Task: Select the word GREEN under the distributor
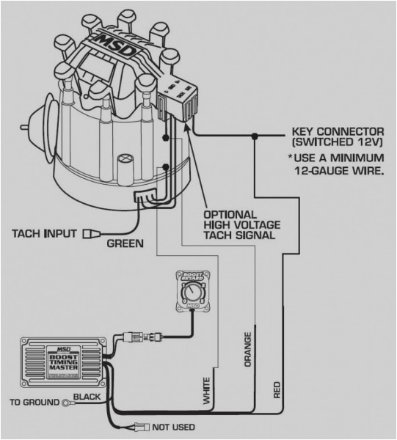pyautogui.click(x=124, y=243)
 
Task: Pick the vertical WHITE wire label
pyautogui.click(x=207, y=391)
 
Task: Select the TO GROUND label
pyautogui.click(x=32, y=402)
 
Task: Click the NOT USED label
pyautogui.click(x=174, y=427)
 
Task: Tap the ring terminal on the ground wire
pyautogui.click(x=66, y=402)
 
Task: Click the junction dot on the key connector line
pyautogui.click(x=254, y=136)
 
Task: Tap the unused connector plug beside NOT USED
pyautogui.click(x=141, y=426)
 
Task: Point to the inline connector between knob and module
pyautogui.click(x=144, y=339)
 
